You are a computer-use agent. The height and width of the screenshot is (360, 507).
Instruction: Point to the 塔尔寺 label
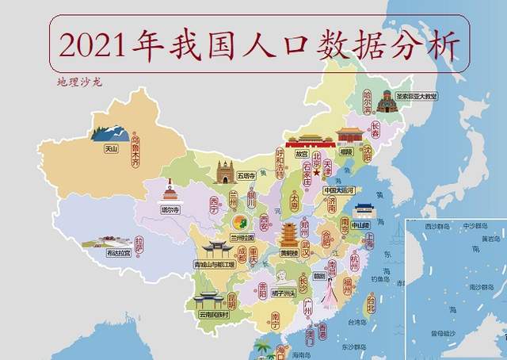[x=170, y=211]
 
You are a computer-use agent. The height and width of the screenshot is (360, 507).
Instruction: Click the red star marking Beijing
[x=315, y=171]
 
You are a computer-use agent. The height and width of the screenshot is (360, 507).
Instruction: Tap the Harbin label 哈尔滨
[x=367, y=101]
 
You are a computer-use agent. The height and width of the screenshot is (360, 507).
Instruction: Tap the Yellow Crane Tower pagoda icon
[x=289, y=235]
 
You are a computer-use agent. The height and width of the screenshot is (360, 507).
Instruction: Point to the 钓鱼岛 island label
[x=383, y=278]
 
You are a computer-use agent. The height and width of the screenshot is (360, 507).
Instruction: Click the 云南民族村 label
[x=213, y=315]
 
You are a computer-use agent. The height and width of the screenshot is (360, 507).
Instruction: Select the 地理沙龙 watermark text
[x=79, y=82]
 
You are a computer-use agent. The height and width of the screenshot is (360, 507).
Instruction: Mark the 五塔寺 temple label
[x=225, y=175]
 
